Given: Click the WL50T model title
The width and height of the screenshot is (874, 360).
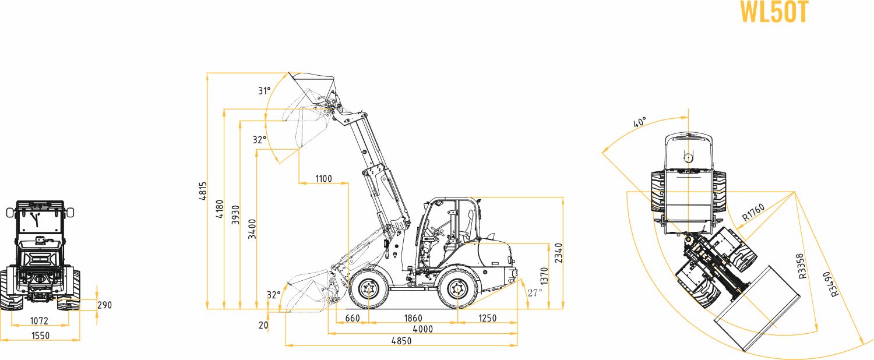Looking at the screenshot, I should [x=774, y=12].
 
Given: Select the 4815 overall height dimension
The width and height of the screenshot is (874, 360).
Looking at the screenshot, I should [x=202, y=191].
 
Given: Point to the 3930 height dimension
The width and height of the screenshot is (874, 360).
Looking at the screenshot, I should [x=235, y=216].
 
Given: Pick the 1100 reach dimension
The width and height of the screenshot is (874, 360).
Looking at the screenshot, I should [x=323, y=179].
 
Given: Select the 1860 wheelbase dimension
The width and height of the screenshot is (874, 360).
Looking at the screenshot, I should [x=413, y=318].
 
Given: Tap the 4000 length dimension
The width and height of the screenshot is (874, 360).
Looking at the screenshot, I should [x=422, y=329].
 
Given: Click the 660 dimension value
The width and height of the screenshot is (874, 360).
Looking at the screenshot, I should [x=353, y=318].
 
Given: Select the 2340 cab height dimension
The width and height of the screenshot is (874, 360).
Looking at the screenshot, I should [x=559, y=253].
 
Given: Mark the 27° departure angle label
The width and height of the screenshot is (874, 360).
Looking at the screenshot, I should [x=534, y=292].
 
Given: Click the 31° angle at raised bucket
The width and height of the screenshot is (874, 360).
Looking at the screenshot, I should [x=265, y=91].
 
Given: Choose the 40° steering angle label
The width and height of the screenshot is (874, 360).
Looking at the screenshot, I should [x=640, y=123].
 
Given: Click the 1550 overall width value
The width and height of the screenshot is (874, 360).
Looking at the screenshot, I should [x=40, y=336].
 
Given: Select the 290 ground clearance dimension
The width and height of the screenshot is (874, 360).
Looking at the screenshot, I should [x=104, y=305].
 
